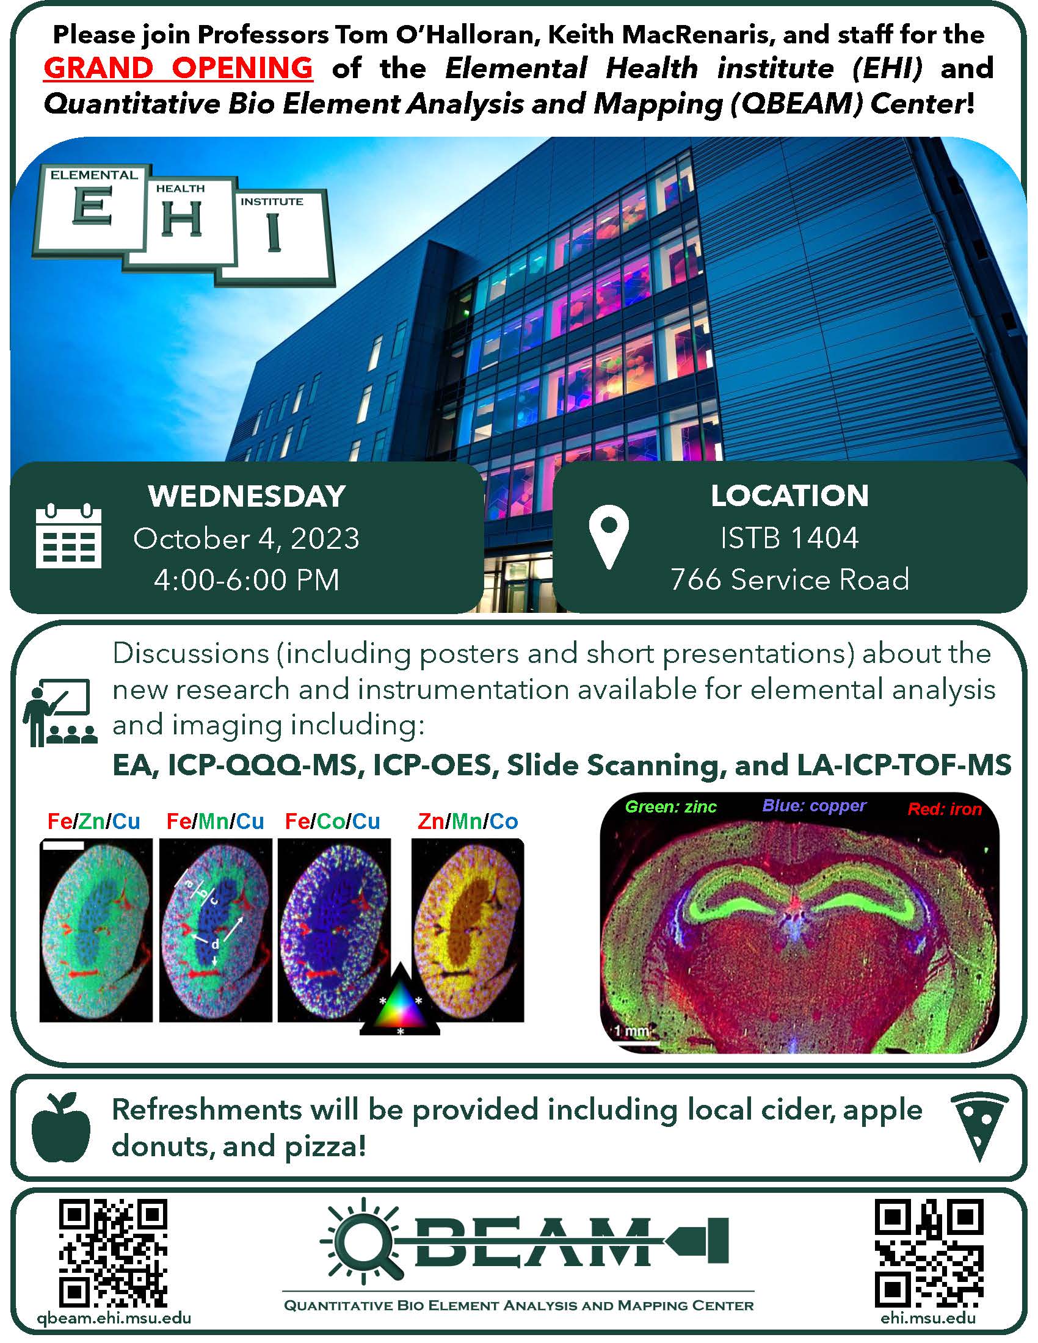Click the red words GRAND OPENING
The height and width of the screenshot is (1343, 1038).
(x=178, y=68)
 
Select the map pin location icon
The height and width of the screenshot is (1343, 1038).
(x=609, y=537)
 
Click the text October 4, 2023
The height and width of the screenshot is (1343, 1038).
(x=247, y=538)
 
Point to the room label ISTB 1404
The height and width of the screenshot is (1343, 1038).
(x=789, y=538)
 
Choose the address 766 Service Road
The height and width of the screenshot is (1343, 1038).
(x=789, y=579)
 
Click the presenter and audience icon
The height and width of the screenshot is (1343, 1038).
(x=60, y=712)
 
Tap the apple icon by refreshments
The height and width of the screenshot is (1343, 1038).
(x=61, y=1127)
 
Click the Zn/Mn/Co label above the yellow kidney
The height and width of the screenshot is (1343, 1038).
(x=468, y=821)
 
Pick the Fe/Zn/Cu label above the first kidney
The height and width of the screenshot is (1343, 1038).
(x=94, y=821)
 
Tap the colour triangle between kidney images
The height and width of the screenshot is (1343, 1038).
(x=400, y=1001)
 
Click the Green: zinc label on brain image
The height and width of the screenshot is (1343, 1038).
(x=671, y=807)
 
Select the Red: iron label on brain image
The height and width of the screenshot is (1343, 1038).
(x=945, y=809)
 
